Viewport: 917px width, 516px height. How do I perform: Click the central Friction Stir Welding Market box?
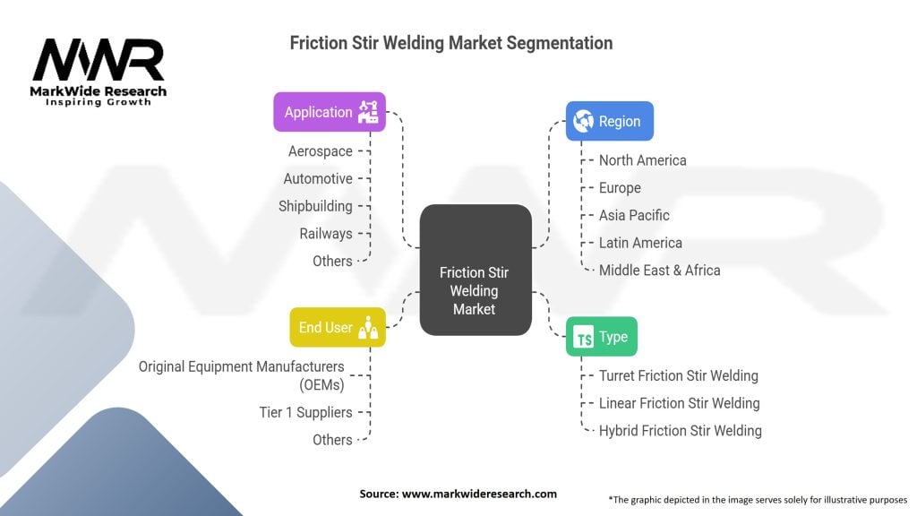(x=475, y=270)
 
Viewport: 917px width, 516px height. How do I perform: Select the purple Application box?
(x=330, y=112)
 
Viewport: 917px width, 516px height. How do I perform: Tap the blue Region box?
(x=609, y=121)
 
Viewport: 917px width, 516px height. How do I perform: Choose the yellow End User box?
(x=337, y=327)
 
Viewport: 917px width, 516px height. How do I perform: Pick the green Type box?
(x=601, y=337)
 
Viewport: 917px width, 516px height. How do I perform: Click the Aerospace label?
(x=320, y=151)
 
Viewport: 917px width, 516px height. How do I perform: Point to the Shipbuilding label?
(x=315, y=206)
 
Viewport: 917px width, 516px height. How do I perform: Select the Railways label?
(x=326, y=233)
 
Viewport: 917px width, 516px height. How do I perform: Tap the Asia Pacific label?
(x=634, y=215)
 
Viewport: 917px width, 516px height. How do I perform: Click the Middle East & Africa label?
(x=659, y=270)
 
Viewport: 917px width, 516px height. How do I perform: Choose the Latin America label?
(x=640, y=243)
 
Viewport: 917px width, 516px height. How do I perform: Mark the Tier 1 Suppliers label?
(x=304, y=412)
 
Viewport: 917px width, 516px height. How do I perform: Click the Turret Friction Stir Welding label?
(x=678, y=375)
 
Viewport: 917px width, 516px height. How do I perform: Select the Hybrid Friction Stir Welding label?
(x=680, y=430)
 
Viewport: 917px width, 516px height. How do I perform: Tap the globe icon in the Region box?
(x=584, y=121)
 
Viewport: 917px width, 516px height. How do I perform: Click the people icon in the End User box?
(x=367, y=328)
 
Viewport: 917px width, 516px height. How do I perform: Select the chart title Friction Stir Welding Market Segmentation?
(x=451, y=43)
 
